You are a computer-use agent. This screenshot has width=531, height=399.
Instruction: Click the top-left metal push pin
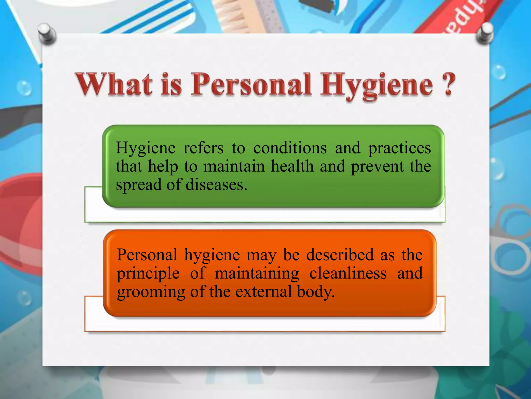(46, 33)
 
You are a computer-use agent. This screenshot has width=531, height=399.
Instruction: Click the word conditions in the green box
(290, 148)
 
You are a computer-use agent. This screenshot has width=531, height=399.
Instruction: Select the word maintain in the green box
(234, 166)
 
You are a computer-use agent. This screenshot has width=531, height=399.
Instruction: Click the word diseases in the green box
(216, 185)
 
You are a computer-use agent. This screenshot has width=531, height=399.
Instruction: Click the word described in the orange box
(340, 255)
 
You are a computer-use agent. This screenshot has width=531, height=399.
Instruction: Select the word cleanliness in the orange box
(348, 273)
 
